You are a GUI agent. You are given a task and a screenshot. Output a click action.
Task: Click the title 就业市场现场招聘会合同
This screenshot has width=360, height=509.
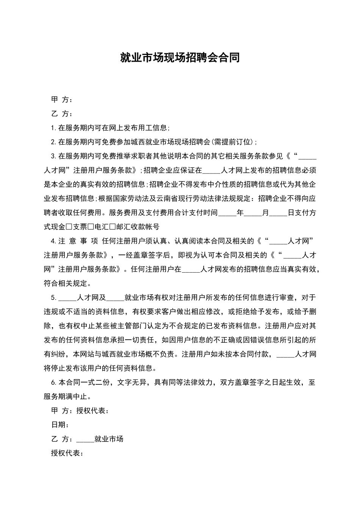click(x=180, y=58)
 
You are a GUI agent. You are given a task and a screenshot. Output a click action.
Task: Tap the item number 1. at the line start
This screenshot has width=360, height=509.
click(x=54, y=128)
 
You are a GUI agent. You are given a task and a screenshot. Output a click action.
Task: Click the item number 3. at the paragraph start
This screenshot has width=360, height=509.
click(x=54, y=156)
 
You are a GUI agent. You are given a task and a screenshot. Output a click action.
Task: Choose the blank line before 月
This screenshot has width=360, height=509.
click(x=252, y=213)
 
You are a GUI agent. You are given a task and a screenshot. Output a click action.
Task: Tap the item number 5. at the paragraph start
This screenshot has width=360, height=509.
click(x=54, y=297)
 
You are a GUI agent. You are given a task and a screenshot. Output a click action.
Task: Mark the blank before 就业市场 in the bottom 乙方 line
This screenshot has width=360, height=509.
click(x=85, y=439)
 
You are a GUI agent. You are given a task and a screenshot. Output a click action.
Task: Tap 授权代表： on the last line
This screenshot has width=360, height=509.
click(x=67, y=453)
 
